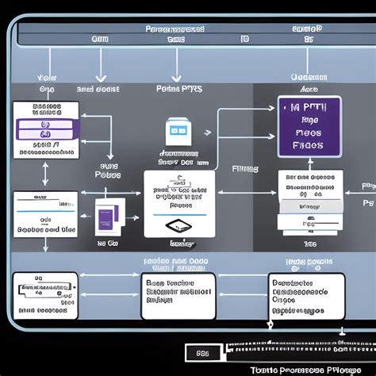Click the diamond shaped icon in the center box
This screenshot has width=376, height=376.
[178, 226]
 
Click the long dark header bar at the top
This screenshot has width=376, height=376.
[188, 33]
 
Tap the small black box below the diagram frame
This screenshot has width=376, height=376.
[202, 351]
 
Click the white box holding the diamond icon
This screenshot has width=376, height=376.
[178, 204]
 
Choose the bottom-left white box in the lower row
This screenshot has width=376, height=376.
[45, 295]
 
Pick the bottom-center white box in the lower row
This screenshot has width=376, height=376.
[178, 295]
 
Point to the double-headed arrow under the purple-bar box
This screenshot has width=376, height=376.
[45, 172]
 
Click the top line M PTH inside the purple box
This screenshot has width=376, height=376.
[309, 107]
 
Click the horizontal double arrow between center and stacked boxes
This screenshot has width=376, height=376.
[246, 191]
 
